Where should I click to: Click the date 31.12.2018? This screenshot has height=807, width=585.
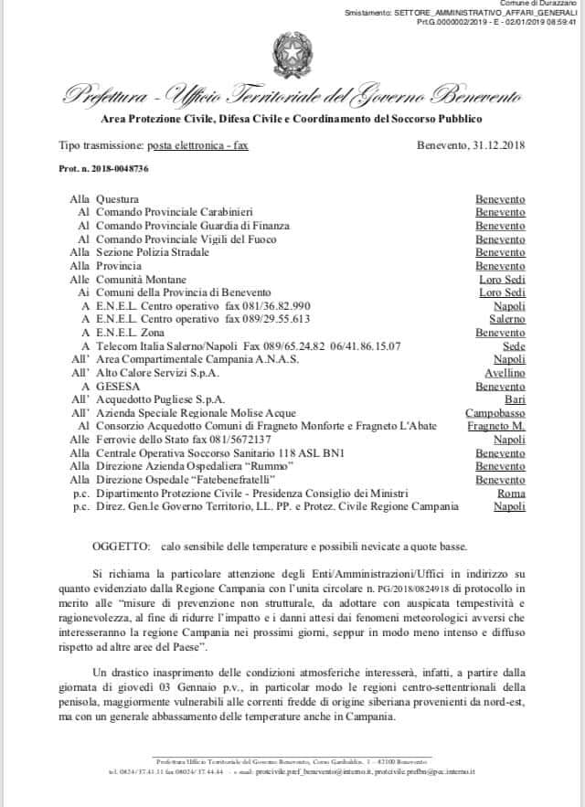pos(495,144)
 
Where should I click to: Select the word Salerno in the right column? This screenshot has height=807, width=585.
pos(507,320)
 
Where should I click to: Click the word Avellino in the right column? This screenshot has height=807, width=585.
pos(505,373)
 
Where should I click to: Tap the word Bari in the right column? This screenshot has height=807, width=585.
pos(515,399)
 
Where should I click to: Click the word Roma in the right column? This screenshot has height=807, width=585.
pos(511,493)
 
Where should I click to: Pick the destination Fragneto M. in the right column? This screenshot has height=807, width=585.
pos(495,427)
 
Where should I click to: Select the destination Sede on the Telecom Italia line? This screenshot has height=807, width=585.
pos(515,346)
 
